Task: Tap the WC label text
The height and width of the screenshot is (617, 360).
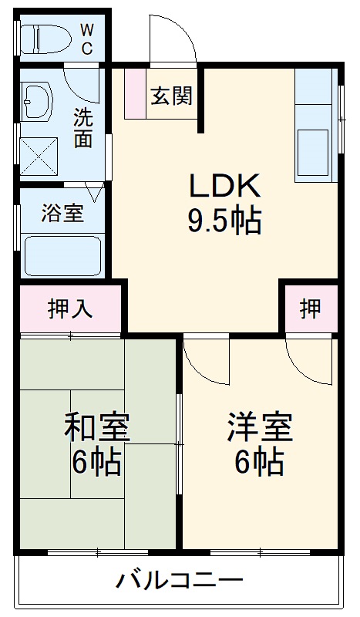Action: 86,39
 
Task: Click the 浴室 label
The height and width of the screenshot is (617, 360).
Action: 62,213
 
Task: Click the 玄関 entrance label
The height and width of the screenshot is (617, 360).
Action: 171,97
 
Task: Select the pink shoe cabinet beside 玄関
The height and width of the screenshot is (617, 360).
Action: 135,94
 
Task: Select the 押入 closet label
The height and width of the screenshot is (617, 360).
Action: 70,309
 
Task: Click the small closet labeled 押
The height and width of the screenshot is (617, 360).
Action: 310,309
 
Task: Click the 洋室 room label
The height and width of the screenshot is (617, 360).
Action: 259,427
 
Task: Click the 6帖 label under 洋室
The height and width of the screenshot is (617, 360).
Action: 259,462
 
